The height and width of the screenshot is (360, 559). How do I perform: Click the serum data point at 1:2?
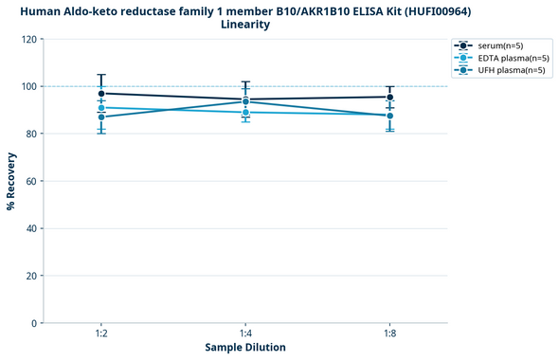click(101, 94)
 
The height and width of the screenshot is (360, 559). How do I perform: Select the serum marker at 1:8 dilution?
click(389, 97)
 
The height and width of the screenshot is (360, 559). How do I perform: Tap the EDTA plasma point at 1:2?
click(101, 108)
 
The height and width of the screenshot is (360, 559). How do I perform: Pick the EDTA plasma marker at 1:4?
click(245, 113)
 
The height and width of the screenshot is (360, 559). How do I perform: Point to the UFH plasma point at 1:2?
click(101, 117)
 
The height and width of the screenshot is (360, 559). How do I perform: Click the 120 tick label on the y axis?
click(28, 40)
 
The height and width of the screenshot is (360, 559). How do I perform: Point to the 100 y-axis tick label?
click(28, 86)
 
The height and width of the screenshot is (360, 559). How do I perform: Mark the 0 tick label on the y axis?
click(34, 323)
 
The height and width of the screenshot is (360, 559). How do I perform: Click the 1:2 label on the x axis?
click(101, 334)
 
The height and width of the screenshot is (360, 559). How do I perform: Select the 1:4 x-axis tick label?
click(245, 334)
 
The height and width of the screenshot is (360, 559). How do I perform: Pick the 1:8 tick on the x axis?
click(389, 334)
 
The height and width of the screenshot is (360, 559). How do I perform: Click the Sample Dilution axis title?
click(245, 348)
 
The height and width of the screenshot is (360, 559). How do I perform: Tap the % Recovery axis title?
click(11, 180)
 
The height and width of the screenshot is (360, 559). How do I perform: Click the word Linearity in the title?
click(245, 25)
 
